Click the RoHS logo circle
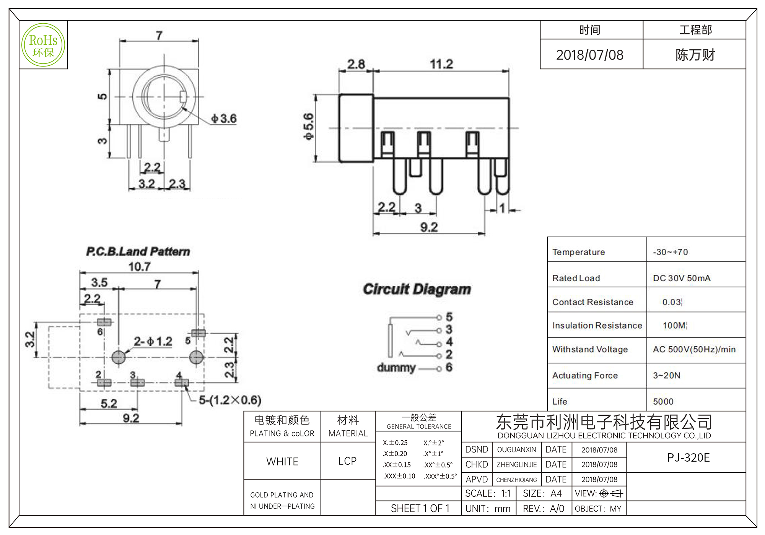point(43,45)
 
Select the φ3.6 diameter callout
point(224,118)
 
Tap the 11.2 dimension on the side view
point(441,64)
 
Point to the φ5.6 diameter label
point(308,127)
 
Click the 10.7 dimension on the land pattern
point(139,266)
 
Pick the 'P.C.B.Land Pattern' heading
point(138,251)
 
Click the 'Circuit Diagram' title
point(417,289)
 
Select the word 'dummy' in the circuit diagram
point(396,368)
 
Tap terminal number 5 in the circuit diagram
point(449,317)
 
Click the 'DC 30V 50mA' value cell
point(682,278)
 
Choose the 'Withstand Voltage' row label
point(590,349)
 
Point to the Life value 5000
point(663,401)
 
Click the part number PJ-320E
point(688,457)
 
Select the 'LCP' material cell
point(347,461)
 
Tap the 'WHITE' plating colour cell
point(282,461)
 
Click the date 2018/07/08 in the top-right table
point(590,55)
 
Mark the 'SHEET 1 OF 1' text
point(420,508)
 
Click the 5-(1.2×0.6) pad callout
point(230,400)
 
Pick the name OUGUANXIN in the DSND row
point(516,450)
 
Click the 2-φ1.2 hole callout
point(153,341)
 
